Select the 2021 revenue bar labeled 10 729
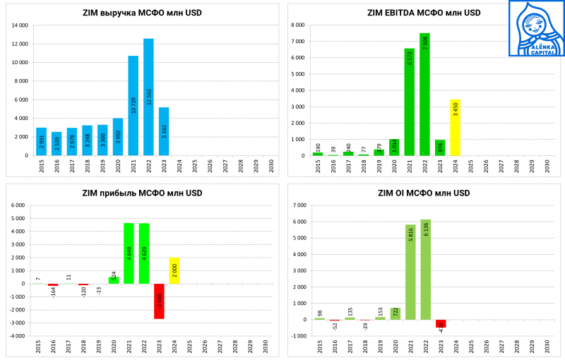point(133,106)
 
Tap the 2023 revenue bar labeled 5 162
point(164,131)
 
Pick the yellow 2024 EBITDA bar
point(455,128)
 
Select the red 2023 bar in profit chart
point(159,301)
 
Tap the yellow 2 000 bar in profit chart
point(174,270)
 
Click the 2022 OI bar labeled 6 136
point(425,269)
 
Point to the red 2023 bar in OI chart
point(441,323)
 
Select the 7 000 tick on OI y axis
point(299,205)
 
